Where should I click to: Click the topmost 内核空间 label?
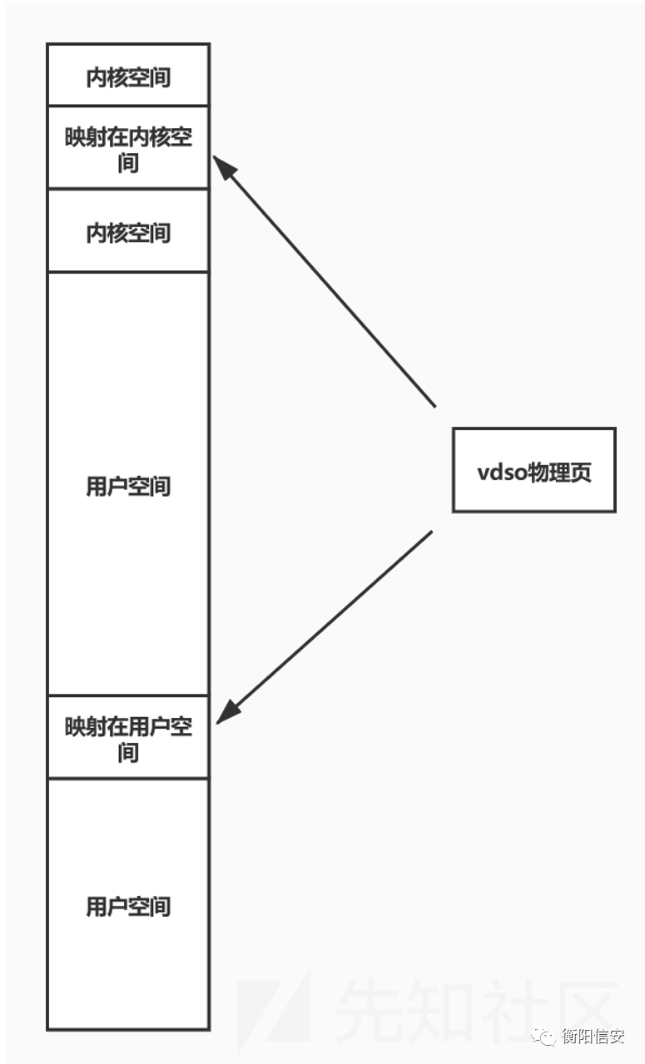point(128,77)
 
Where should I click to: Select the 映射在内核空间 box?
point(128,147)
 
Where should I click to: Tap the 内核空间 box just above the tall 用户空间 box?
point(128,231)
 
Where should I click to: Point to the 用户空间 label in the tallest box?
point(128,486)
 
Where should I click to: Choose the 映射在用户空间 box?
point(128,737)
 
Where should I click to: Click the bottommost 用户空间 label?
point(128,906)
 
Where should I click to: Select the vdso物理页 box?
point(533,470)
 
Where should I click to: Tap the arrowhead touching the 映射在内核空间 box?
point(223,166)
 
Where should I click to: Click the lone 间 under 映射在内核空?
point(128,163)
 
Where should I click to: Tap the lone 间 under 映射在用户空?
point(128,753)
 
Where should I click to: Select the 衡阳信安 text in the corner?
point(593,1036)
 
